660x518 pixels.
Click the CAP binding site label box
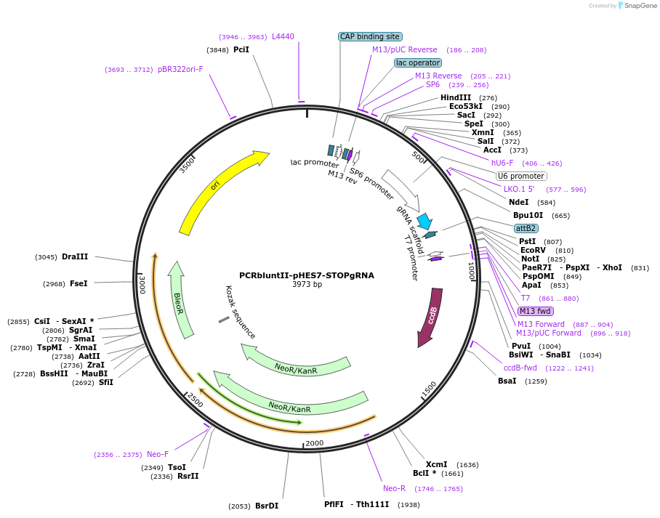point(370,36)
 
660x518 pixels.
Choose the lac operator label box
point(418,62)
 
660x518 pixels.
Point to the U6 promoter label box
point(521,176)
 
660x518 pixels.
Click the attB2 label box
point(526,228)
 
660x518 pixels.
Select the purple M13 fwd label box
point(536,311)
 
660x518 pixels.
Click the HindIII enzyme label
point(456,97)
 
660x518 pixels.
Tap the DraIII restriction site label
point(75,256)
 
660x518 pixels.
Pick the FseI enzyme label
point(79,283)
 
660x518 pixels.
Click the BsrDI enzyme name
point(266,506)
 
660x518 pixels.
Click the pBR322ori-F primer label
point(180,70)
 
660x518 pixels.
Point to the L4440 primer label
point(283,36)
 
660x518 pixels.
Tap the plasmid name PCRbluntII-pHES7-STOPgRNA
point(307,275)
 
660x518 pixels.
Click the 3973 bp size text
point(307,285)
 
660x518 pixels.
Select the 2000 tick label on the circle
point(314,443)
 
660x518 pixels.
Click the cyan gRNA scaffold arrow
point(423,221)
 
